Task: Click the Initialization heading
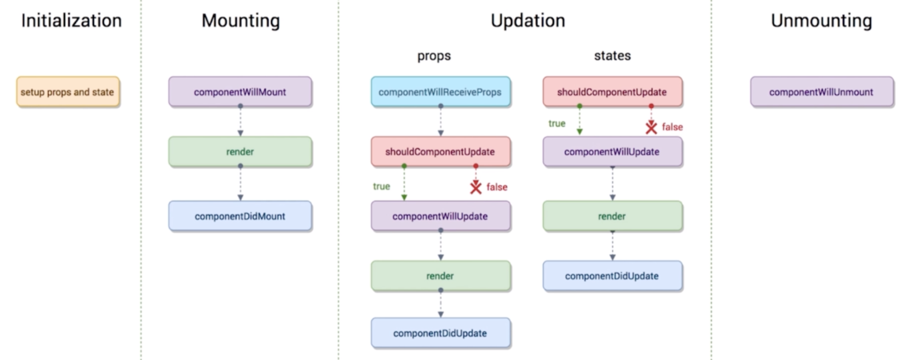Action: [x=71, y=21]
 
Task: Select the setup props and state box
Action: [x=68, y=92]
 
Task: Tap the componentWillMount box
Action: [x=240, y=92]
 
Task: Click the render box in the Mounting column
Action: [x=240, y=152]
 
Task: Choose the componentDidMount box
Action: [x=240, y=216]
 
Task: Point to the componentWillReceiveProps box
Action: [x=441, y=92]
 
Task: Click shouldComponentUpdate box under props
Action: [x=441, y=152]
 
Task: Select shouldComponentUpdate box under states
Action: [x=612, y=92]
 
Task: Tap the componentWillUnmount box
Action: [x=822, y=92]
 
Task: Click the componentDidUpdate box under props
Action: [x=441, y=333]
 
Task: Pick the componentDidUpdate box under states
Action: [x=612, y=276]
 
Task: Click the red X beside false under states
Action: [x=651, y=128]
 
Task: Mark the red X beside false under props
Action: [x=476, y=187]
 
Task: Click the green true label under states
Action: [x=557, y=124]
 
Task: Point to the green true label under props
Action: [x=381, y=186]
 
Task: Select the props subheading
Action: [x=434, y=56]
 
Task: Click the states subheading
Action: [x=612, y=56]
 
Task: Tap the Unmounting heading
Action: [x=821, y=21]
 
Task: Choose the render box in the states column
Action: [x=612, y=216]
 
